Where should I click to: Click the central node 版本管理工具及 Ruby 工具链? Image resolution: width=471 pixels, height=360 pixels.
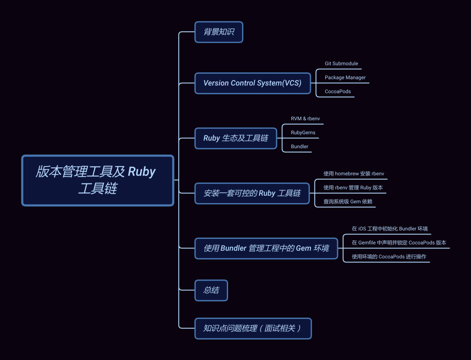tap(98, 180)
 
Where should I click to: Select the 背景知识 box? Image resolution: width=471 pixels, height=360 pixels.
tap(218, 32)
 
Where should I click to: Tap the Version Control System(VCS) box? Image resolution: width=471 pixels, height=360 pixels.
tap(252, 83)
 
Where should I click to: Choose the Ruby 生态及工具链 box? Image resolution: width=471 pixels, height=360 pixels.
tap(235, 138)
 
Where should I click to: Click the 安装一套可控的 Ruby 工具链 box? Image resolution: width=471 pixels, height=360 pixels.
tap(252, 193)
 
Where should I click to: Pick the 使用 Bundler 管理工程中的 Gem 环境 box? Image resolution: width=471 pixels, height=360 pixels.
tap(266, 248)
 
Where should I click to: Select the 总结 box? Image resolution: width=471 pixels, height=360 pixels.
tap(211, 290)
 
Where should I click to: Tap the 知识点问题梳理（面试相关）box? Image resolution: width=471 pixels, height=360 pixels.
tap(253, 328)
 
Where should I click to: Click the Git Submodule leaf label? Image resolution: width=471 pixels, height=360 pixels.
tap(341, 64)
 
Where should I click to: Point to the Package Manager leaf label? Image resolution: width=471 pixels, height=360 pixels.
tap(345, 78)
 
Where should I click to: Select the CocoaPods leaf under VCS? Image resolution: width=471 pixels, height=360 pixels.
tap(338, 92)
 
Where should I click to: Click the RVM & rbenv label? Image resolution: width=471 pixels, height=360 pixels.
tap(305, 119)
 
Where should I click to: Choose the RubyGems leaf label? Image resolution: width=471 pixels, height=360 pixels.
tap(303, 132)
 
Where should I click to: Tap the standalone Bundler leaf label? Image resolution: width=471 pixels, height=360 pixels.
tap(299, 146)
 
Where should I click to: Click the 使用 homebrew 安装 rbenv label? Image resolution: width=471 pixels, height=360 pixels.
tap(354, 173)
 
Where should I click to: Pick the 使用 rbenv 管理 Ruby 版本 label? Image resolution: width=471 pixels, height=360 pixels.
tap(353, 187)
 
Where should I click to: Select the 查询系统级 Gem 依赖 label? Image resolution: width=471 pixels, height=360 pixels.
tap(348, 201)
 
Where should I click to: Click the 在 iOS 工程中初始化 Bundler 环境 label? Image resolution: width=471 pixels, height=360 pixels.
tap(389, 229)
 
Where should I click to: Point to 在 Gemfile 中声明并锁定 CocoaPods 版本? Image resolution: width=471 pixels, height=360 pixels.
tap(399, 243)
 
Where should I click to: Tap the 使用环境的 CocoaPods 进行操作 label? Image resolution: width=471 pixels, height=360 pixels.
tap(389, 257)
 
